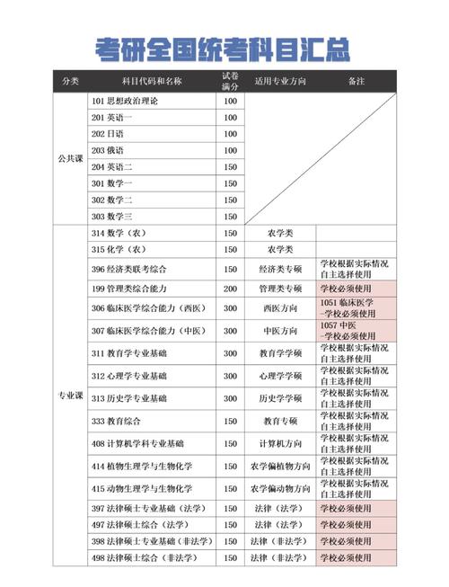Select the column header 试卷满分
click(230, 81)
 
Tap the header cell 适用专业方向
click(280, 81)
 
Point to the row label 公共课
click(70, 158)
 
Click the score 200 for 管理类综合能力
click(230, 289)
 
